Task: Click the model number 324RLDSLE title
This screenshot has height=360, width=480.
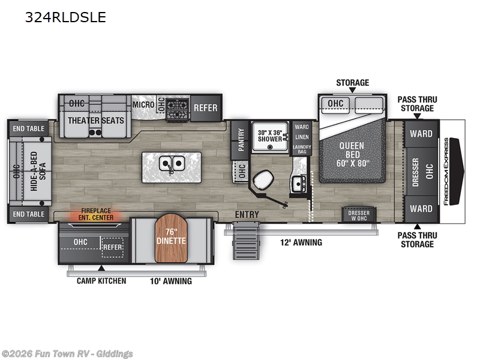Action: (65, 17)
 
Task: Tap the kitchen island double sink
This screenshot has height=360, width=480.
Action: (172, 163)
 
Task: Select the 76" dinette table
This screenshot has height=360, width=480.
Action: (171, 238)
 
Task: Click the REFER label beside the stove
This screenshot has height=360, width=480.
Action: (205, 108)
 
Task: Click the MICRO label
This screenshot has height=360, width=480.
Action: (143, 104)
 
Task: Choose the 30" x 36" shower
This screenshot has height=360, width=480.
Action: (269, 136)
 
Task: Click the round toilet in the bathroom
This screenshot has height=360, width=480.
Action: (263, 180)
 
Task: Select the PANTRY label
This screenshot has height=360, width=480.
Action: (241, 140)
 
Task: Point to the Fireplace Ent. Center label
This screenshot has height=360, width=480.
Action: (96, 214)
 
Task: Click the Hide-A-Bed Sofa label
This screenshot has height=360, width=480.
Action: (38, 172)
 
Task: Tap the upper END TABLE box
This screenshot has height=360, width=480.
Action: (28, 128)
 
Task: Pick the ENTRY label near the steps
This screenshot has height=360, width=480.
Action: (247, 215)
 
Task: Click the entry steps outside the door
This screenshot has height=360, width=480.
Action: (246, 241)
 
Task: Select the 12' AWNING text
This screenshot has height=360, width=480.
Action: (301, 242)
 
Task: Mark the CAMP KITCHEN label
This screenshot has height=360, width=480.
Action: (101, 281)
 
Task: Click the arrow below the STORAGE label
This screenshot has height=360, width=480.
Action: (353, 90)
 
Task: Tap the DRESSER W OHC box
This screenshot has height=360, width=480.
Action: (359, 215)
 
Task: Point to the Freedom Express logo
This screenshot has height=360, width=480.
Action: (446, 172)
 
